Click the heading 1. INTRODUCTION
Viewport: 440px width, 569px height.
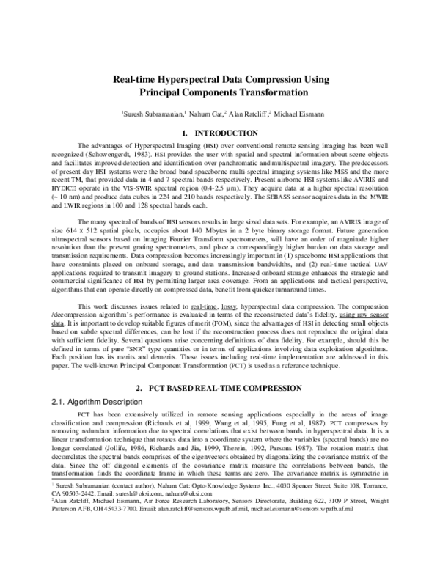click(x=219, y=133)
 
